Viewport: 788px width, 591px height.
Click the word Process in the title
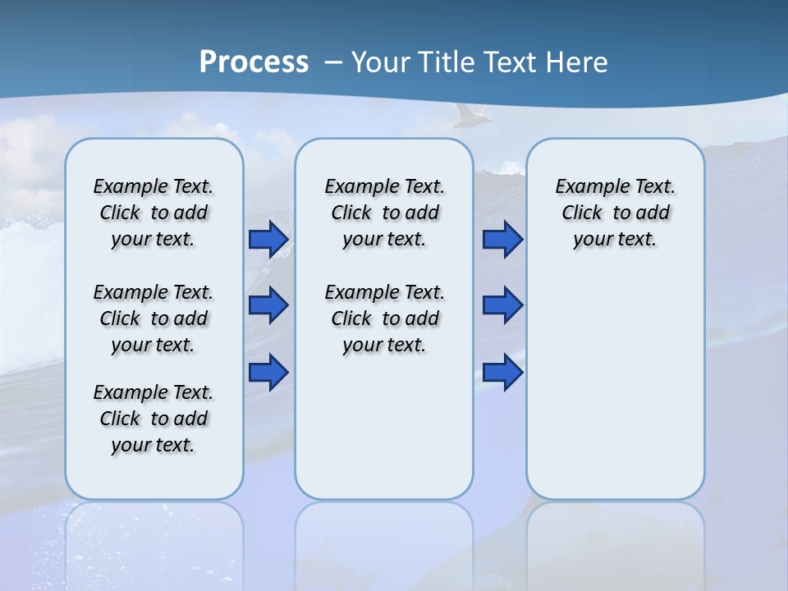(x=254, y=62)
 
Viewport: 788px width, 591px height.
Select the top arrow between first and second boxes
(x=268, y=240)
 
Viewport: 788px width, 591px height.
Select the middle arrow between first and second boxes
(x=268, y=305)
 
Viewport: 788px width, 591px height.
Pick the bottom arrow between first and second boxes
(x=268, y=372)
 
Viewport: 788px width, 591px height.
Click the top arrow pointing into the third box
(x=502, y=240)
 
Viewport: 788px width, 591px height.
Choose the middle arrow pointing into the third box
(x=502, y=305)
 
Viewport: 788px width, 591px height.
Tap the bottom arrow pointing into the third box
(x=502, y=372)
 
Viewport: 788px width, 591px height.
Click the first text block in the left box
(x=153, y=213)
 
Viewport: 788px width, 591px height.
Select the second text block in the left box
(x=153, y=318)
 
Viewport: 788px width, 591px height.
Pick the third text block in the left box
(x=153, y=419)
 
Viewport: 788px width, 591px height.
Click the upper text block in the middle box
(x=384, y=213)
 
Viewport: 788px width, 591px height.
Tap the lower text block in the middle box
(x=384, y=318)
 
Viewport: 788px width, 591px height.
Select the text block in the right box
(x=615, y=213)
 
